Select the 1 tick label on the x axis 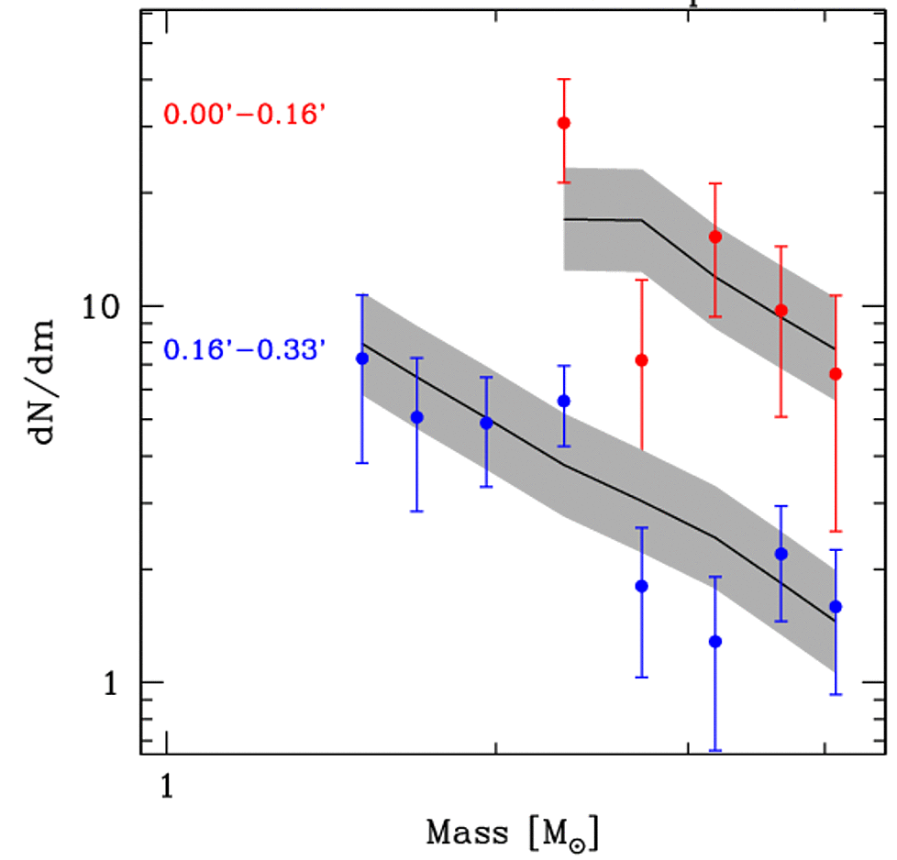click(166, 786)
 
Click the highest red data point click(564, 123)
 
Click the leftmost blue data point click(362, 358)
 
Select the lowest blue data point click(715, 641)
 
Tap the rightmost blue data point click(836, 606)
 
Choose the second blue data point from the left click(416, 417)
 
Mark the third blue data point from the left click(486, 423)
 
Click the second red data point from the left click(642, 359)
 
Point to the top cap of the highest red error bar click(564, 79)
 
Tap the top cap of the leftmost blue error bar click(362, 295)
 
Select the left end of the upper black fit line click(564, 219)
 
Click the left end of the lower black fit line click(362, 344)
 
